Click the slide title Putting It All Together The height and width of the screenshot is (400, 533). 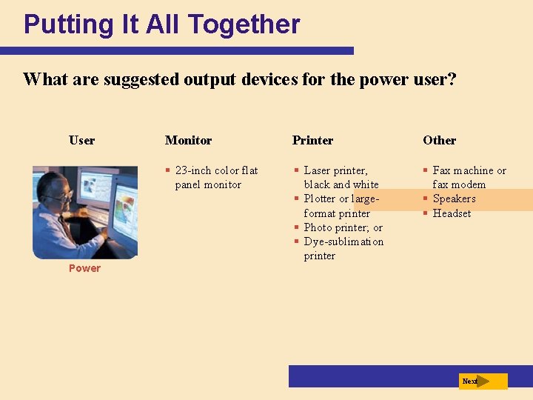[x=161, y=24]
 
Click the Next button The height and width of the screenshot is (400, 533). [x=483, y=381]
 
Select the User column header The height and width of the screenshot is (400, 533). [x=81, y=141]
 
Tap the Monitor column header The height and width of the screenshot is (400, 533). [x=188, y=141]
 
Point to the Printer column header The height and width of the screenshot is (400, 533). [x=312, y=141]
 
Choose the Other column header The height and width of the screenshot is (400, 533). [x=439, y=141]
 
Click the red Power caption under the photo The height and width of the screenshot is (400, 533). [x=84, y=268]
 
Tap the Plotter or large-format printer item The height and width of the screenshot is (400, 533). [x=341, y=206]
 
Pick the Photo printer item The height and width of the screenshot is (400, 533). [x=343, y=227]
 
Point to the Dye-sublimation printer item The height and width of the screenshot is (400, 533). [x=343, y=249]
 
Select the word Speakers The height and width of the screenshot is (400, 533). [x=454, y=199]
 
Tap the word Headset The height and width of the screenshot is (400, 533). [x=452, y=213]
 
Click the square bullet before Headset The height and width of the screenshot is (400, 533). [x=426, y=213]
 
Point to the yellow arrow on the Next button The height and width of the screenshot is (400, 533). [x=483, y=381]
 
